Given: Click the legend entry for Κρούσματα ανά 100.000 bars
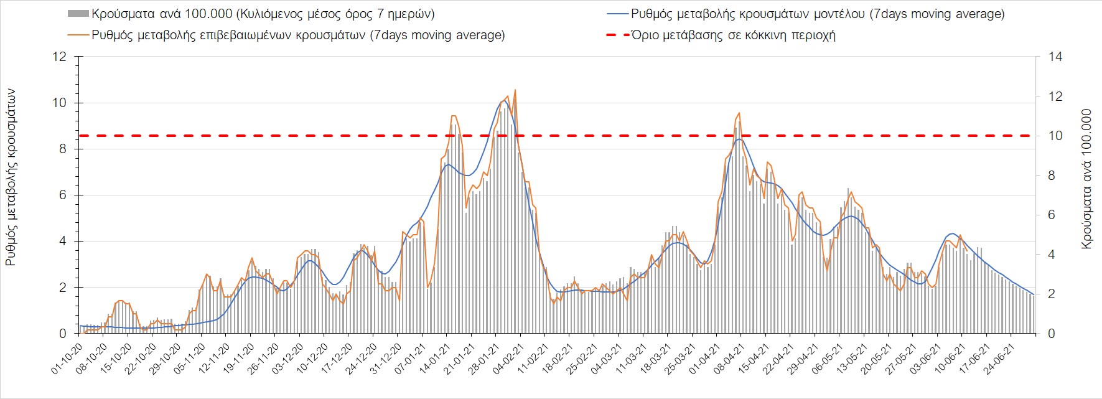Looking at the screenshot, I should click(261, 14).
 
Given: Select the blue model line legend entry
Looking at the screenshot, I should click(817, 14).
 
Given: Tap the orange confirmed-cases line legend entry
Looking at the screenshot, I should click(297, 35).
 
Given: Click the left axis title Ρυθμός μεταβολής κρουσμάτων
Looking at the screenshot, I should click(11, 177).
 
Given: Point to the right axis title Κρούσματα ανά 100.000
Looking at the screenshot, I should click(1087, 179).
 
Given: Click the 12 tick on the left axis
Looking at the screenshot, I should click(59, 57).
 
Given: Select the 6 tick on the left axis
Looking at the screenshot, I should click(62, 195).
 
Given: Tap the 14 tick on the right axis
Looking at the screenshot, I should click(1055, 57).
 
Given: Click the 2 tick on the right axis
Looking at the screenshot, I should click(1052, 294).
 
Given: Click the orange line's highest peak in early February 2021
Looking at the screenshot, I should click(515, 90).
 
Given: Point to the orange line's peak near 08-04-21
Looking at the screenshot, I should click(739, 113).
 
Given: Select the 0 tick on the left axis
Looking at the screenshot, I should click(62, 334).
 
